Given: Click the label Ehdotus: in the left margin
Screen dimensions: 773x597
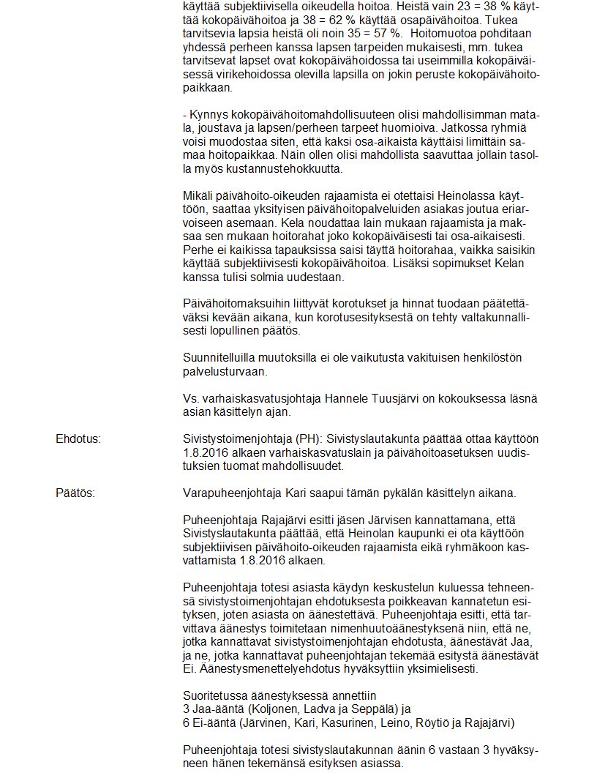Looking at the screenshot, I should point(78,438).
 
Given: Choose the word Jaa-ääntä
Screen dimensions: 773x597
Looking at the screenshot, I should point(214,709).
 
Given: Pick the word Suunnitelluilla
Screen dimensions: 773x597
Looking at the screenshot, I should point(221,358).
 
